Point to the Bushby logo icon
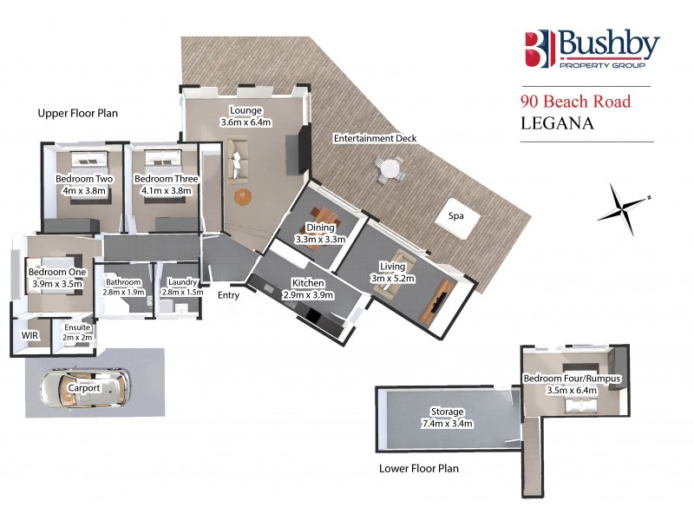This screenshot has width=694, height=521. pyautogui.click(x=537, y=49)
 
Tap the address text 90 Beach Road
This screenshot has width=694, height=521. pyautogui.click(x=576, y=102)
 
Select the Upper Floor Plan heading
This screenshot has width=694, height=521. pyautogui.click(x=77, y=113)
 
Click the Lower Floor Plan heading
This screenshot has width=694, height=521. pyautogui.click(x=419, y=469)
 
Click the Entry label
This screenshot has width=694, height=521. pyautogui.click(x=228, y=295)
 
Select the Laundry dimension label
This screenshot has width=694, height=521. pyautogui.click(x=181, y=287)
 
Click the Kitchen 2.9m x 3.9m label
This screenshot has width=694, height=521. pyautogui.click(x=308, y=289)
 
